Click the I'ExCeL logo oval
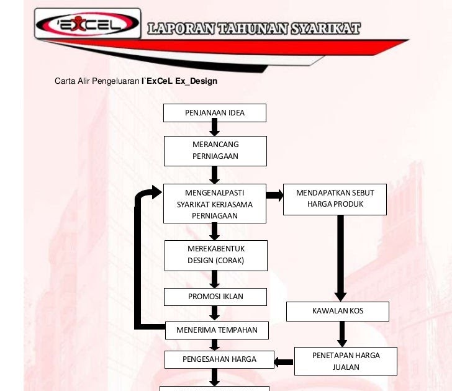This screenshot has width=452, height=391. (88, 25)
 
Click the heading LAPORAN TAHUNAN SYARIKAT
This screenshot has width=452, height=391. (254, 29)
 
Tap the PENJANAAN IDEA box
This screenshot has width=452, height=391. (215, 113)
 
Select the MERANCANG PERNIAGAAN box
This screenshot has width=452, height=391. (215, 151)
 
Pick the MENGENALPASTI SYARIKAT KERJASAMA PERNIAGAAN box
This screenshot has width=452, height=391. (215, 204)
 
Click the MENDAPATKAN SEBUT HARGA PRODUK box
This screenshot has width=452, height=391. (335, 199)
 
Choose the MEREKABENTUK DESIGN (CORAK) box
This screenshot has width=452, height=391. (215, 255)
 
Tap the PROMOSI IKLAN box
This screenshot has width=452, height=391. (215, 297)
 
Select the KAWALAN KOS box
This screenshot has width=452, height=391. (338, 311)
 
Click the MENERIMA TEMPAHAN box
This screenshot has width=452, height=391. (217, 330)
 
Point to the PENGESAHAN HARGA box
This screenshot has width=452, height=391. (219, 359)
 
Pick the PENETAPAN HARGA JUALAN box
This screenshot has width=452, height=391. (345, 362)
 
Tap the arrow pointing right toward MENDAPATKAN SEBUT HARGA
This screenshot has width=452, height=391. (274, 195)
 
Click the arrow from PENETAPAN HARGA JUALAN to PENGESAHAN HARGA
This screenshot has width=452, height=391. (284, 362)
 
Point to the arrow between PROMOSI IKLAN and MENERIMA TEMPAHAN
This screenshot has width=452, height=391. (215, 313)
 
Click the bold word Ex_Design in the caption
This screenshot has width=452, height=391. (196, 81)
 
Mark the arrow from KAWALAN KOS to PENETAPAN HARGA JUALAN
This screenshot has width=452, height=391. (341, 334)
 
